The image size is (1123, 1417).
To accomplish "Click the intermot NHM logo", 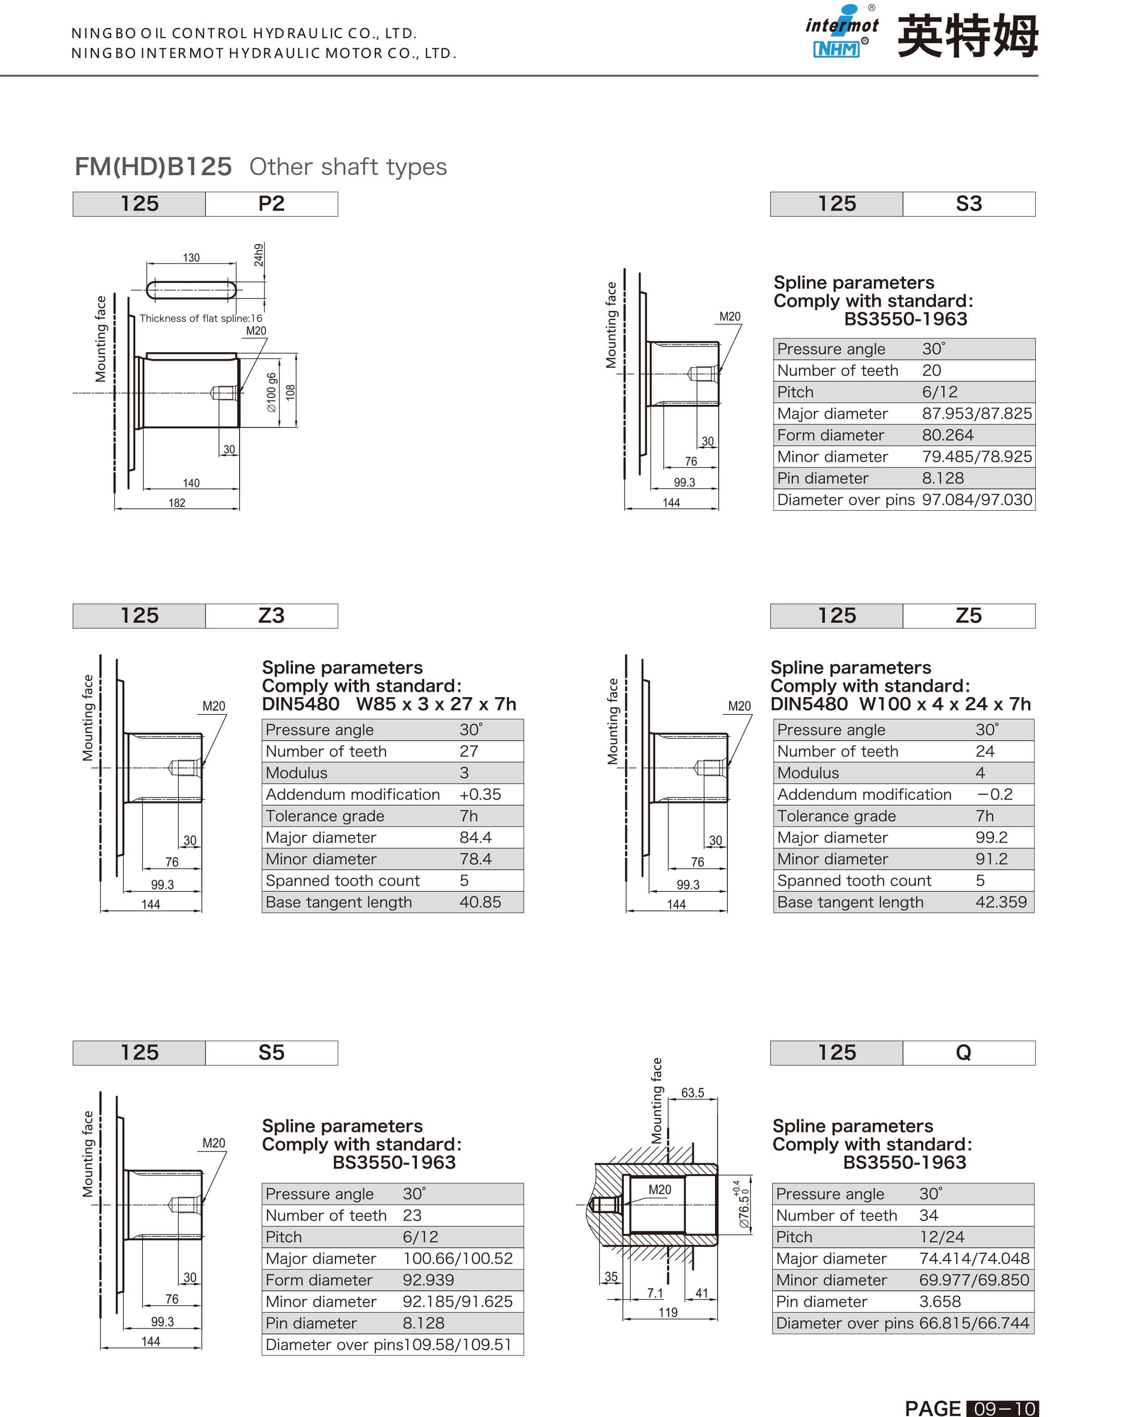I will (x=841, y=32).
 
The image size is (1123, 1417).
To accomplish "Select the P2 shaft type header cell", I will (x=271, y=204).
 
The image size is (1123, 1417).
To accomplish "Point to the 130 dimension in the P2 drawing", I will (x=191, y=258).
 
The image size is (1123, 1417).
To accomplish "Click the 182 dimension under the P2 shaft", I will (x=177, y=503).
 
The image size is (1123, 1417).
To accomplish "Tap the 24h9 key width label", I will (x=259, y=255).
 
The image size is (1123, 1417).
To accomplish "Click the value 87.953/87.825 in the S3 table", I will (x=976, y=413).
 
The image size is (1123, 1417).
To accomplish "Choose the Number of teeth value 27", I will (x=469, y=751).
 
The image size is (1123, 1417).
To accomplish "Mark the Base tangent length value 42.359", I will (x=1000, y=902).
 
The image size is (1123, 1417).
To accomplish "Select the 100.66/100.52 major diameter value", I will (x=457, y=1258).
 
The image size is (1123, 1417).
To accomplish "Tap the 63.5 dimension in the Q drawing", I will (x=692, y=1092).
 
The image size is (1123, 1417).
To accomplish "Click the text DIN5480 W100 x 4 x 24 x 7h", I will (x=900, y=704).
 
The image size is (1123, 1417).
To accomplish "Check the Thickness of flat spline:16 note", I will (x=201, y=318).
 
